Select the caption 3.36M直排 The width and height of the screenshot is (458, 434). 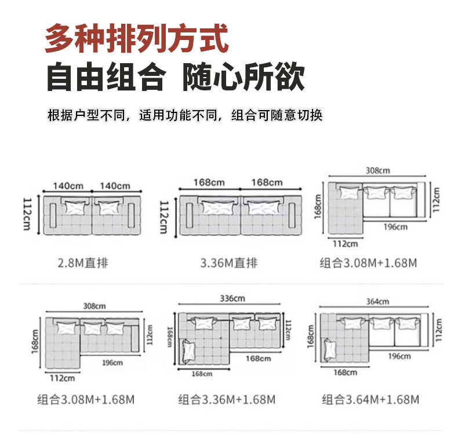(228, 263)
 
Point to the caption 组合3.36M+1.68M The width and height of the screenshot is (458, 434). (227, 399)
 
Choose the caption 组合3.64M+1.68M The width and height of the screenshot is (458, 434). (370, 399)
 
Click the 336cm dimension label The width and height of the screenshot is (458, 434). (232, 298)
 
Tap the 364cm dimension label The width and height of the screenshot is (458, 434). (377, 301)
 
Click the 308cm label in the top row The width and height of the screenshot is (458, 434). (377, 170)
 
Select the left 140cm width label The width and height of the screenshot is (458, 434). (68, 185)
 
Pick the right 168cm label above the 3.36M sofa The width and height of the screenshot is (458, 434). (267, 182)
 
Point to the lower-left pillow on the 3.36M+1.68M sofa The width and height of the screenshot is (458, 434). (188, 350)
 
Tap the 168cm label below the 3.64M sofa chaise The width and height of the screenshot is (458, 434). (346, 372)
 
